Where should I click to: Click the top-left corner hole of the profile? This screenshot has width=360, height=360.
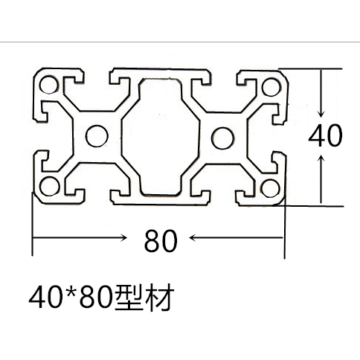pyautogui.click(x=49, y=85)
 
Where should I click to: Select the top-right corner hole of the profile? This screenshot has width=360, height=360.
pyautogui.click(x=271, y=87)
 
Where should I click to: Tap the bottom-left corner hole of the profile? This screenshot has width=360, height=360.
pyautogui.click(x=50, y=187)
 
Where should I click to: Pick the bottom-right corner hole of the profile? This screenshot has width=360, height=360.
pyautogui.click(x=270, y=188)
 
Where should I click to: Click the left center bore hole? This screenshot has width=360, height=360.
pyautogui.click(x=97, y=136)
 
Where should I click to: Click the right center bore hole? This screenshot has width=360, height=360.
pyautogui.click(x=222, y=138)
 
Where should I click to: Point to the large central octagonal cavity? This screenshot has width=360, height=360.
pyautogui.click(x=161, y=137)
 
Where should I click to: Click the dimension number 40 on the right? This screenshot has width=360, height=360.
pyautogui.click(x=325, y=135)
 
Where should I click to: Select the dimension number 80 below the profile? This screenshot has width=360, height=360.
pyautogui.click(x=161, y=240)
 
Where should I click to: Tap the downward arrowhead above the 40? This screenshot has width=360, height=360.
pyautogui.click(x=321, y=114)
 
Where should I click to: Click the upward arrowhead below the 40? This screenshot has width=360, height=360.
pyautogui.click(x=321, y=158)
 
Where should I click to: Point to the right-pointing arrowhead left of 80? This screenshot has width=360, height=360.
pyautogui.click(x=123, y=238)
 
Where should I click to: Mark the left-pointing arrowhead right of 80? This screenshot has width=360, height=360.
pyautogui.click(x=193, y=238)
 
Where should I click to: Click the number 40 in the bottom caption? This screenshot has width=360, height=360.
pyautogui.click(x=46, y=298)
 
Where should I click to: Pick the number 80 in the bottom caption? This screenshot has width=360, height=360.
pyautogui.click(x=95, y=298)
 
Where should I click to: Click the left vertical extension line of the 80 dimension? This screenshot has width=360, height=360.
pyautogui.click(x=32, y=224)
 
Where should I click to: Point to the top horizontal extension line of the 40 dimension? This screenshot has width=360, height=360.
pyautogui.click(x=310, y=68)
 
